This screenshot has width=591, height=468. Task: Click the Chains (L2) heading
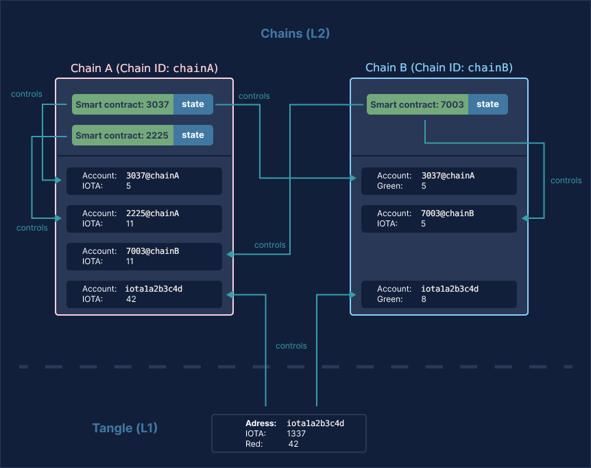pos(295,34)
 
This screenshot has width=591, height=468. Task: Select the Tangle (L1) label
pos(125,428)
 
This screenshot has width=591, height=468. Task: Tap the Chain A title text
pos(144,68)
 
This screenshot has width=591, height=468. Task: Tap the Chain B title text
pos(439,67)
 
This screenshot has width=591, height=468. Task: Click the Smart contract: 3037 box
pos(122,104)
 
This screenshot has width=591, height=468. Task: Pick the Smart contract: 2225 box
pos(122,135)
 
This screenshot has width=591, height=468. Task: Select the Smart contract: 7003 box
pos(417,104)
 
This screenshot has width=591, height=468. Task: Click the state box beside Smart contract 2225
pos(193,135)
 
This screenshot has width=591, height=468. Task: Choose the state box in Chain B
pos(487,104)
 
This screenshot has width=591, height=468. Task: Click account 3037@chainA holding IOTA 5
pos(144,180)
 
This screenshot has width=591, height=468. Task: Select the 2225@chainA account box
pos(144,218)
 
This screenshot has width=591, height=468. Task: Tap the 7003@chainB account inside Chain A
pos(144,256)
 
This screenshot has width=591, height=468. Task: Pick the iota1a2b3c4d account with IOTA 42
pos(144,294)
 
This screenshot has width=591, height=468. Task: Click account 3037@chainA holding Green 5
pos(439,180)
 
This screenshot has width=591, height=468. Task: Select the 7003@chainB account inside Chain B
pos(439,218)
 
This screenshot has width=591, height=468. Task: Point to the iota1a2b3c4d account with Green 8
pos(439,294)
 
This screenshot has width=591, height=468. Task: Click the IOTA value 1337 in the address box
pos(296,434)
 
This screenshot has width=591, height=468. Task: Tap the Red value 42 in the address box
pos(293,444)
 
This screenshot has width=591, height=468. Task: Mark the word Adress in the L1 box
pos(261,423)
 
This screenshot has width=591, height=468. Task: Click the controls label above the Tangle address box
pos(291,346)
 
